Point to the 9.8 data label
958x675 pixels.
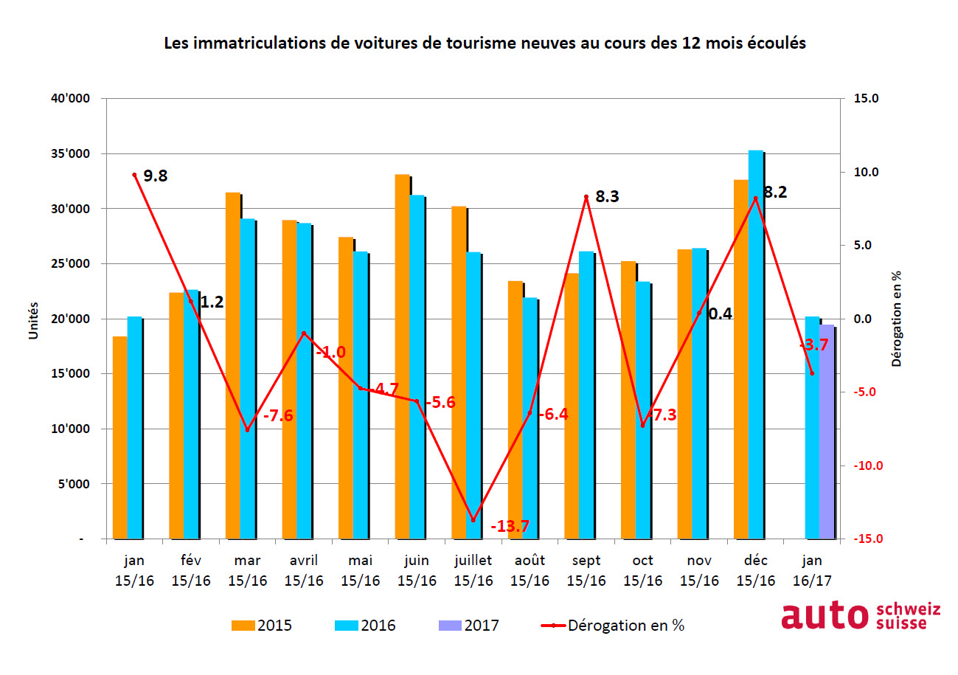click(x=156, y=176)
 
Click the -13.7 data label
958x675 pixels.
click(x=510, y=527)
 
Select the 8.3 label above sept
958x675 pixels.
click(x=606, y=197)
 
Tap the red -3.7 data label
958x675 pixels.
click(x=814, y=345)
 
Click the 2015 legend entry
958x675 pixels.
click(x=262, y=626)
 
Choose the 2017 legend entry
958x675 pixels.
click(x=469, y=626)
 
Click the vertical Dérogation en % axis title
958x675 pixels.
click(x=897, y=319)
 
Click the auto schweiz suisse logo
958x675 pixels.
click(x=861, y=617)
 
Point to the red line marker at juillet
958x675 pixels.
click(x=473, y=520)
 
